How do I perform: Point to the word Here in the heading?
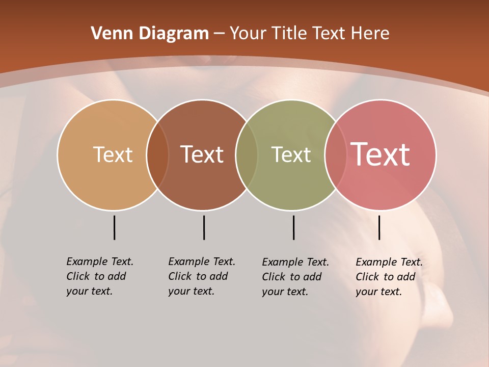click(371, 34)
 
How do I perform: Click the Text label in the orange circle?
click(113, 154)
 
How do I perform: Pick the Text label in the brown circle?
click(202, 154)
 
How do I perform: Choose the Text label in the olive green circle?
click(291, 154)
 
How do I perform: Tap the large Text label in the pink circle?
click(381, 154)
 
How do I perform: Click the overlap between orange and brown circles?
click(157, 154)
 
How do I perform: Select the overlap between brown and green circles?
click(247, 154)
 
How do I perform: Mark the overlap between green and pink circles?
click(336, 154)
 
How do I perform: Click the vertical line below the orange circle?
click(114, 227)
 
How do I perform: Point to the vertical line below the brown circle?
click(204, 227)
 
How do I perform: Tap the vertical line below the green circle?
click(293, 227)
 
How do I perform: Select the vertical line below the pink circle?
click(379, 227)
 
